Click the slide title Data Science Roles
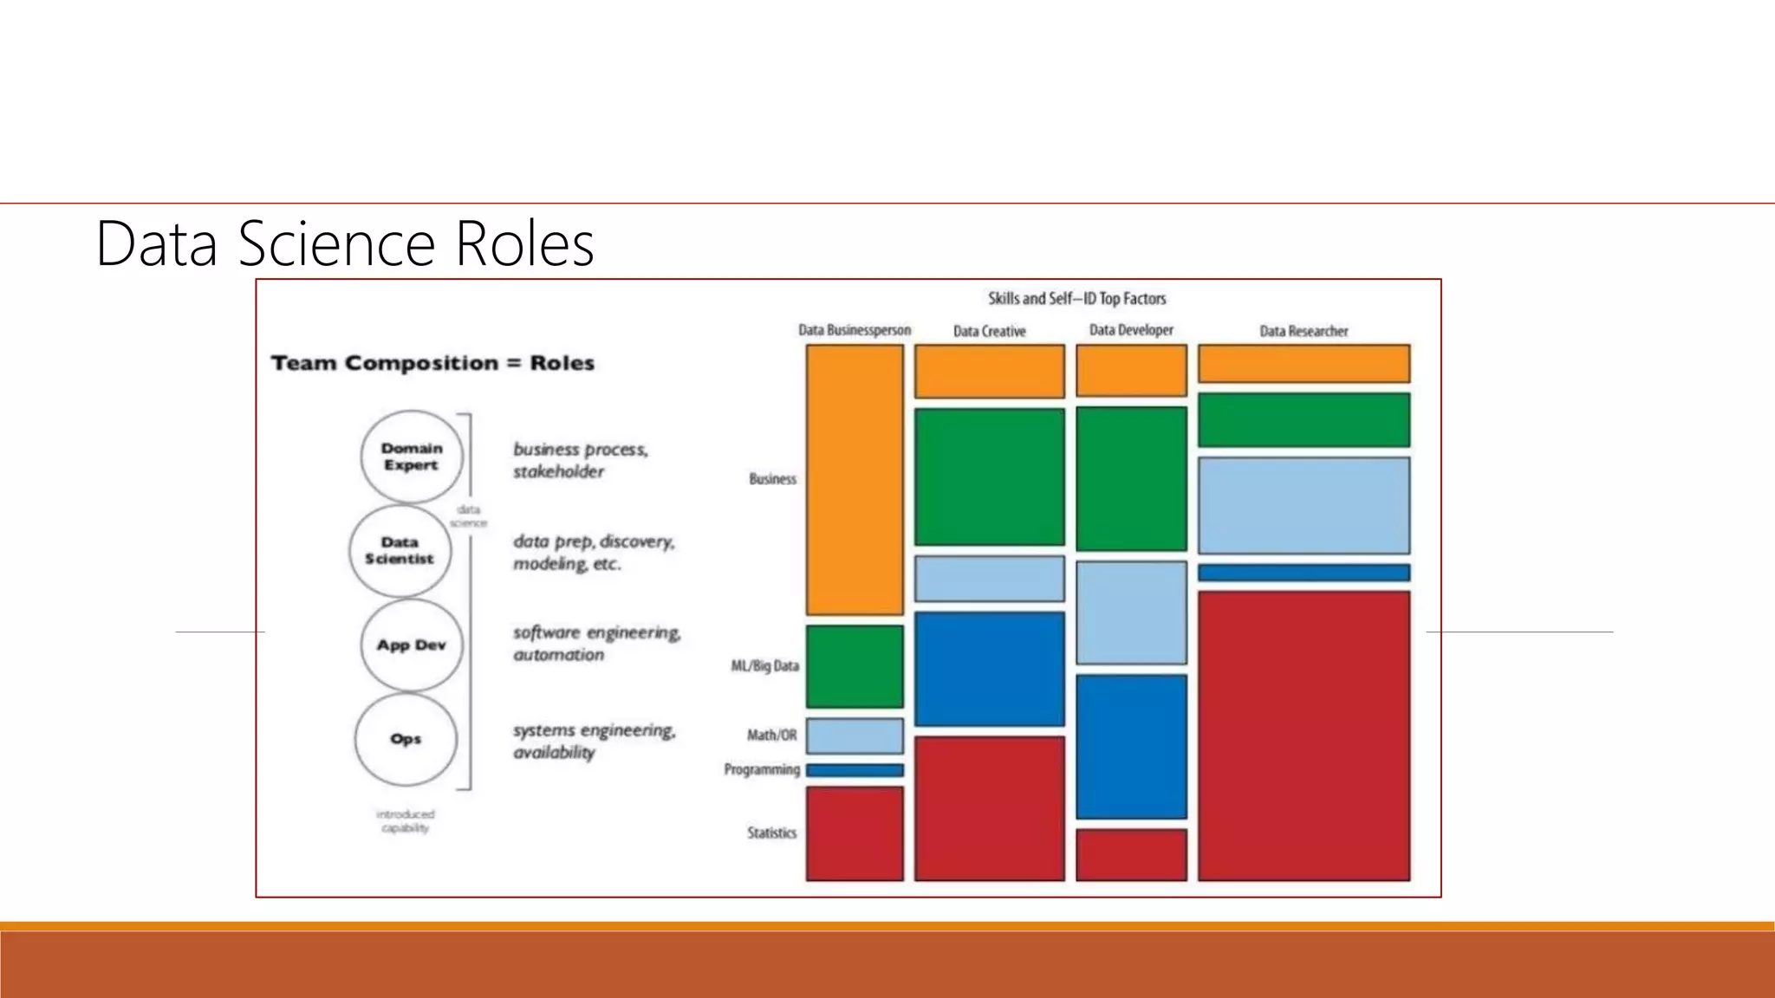[x=344, y=243]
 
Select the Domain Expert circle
[x=412, y=457]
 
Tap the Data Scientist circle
[x=400, y=551]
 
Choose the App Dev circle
[x=411, y=645]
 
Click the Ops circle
[x=406, y=739]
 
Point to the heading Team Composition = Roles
[x=432, y=363]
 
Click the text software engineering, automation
[x=596, y=644]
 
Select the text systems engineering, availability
[x=594, y=742]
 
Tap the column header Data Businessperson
[x=854, y=330]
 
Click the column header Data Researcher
[x=1304, y=331]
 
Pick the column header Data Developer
[x=1131, y=330]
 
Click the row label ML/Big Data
[x=764, y=666]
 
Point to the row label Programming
[x=762, y=769]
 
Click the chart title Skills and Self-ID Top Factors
[x=1076, y=299]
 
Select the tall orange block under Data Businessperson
[x=855, y=480]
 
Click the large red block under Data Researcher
[x=1304, y=736]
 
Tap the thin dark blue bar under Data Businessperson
[x=855, y=770]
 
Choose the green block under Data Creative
[x=989, y=477]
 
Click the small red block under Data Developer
[x=1131, y=854]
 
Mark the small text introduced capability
[x=405, y=821]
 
